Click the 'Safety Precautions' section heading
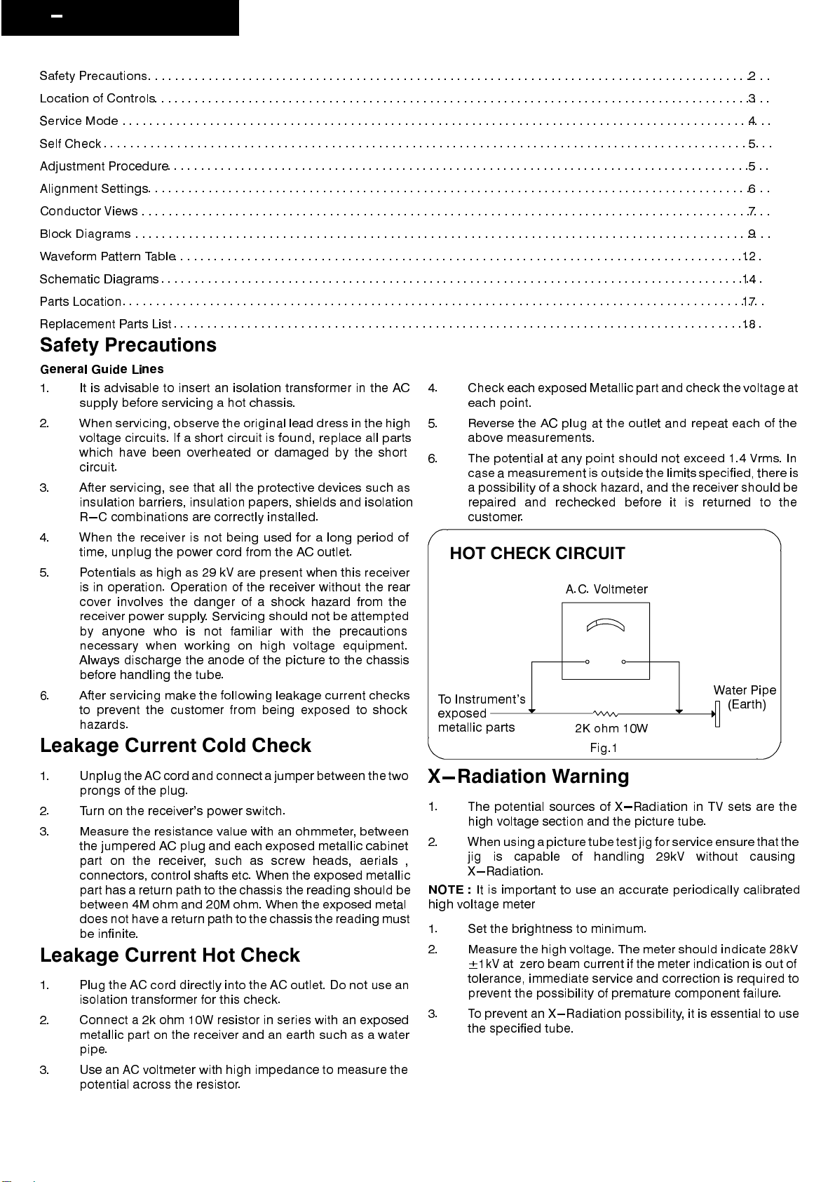point(128,345)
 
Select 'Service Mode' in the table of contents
point(79,121)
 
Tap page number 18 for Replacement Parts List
point(749,324)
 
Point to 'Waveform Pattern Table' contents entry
point(107,257)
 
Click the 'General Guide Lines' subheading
point(102,369)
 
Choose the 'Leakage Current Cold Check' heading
point(175,746)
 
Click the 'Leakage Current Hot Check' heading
point(170,955)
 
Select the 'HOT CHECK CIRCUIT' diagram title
point(537,553)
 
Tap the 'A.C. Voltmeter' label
point(606,589)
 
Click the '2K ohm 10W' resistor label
point(611,728)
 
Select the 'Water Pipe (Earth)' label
point(745,697)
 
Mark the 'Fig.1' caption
point(603,748)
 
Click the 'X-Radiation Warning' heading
point(529,777)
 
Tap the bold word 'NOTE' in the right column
point(446,889)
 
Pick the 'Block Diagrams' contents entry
point(85,234)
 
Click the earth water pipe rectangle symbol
point(717,714)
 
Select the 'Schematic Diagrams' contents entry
point(99,279)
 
